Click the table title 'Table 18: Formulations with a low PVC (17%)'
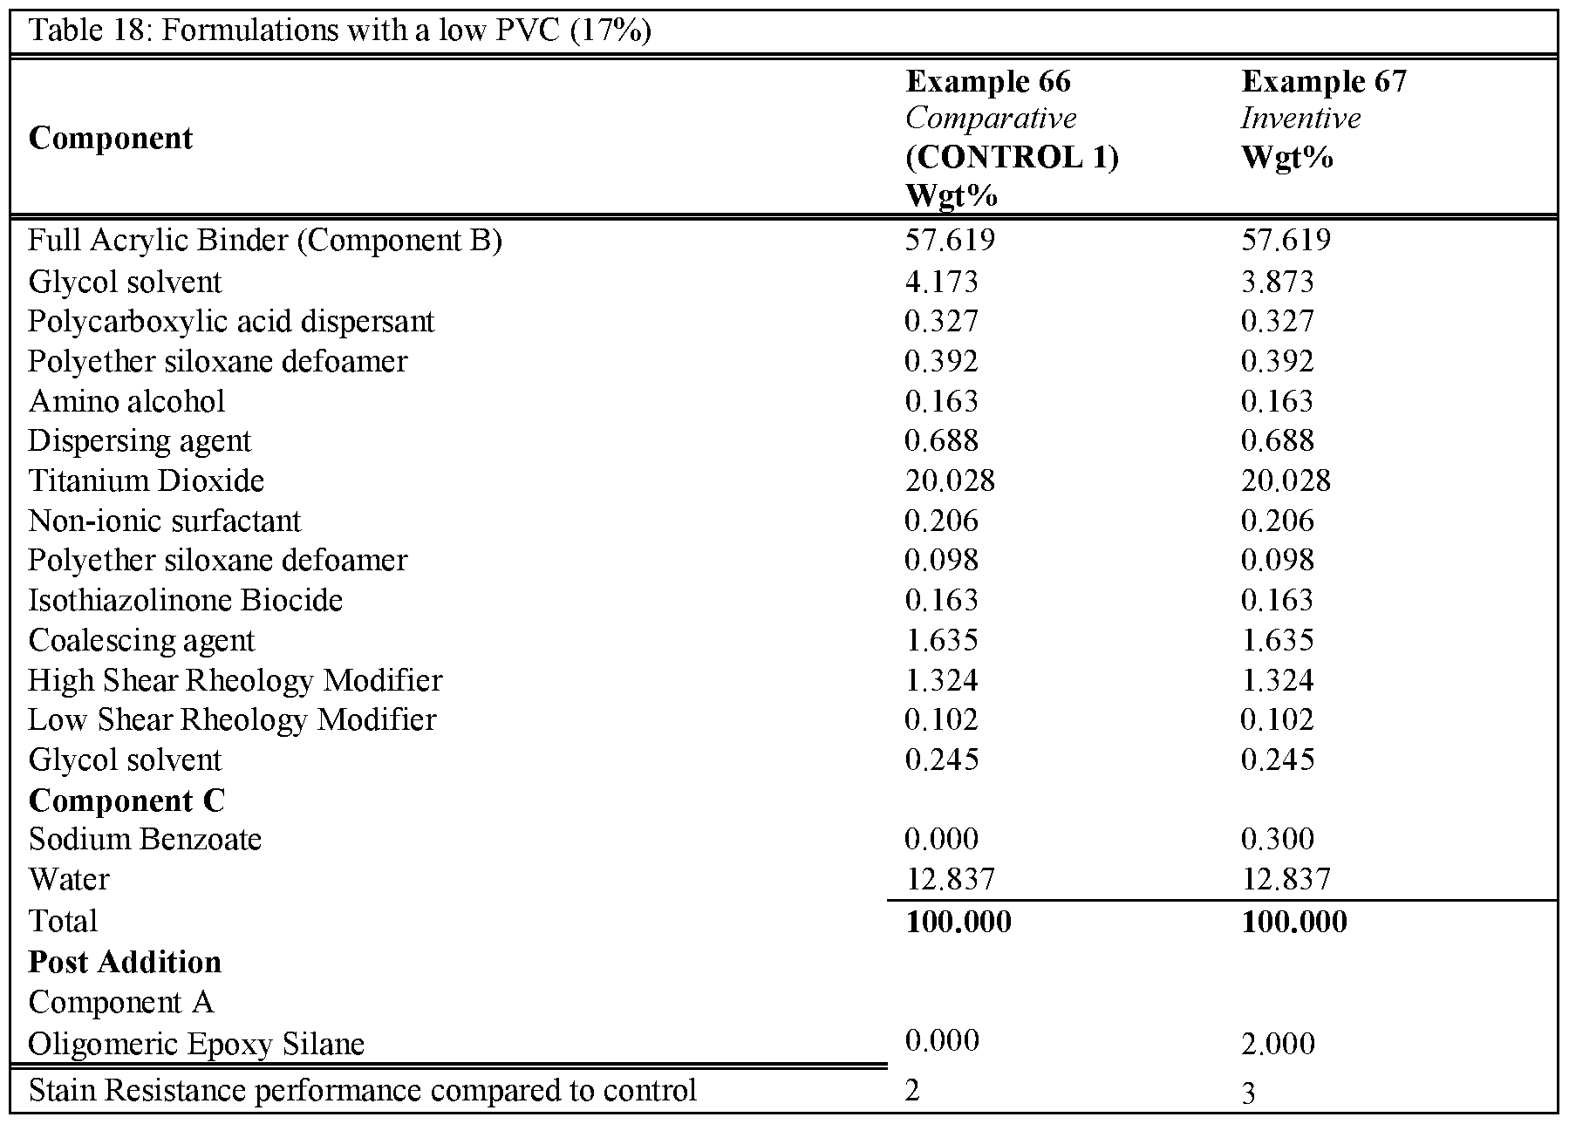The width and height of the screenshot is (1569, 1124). coord(340,31)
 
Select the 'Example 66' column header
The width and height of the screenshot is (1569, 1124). coord(988,81)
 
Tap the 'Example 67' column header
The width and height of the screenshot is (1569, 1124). coord(1324,81)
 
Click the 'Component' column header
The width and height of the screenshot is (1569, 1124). coord(111,139)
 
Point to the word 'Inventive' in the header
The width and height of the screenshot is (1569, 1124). coord(1300,119)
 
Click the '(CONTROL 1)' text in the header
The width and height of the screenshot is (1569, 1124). coord(1012,157)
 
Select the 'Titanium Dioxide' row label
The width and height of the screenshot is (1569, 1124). coord(147,480)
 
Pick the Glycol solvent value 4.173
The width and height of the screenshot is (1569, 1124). coord(942,282)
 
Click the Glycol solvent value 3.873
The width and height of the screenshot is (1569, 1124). coord(1278,282)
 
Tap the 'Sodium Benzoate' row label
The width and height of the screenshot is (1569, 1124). coord(145,839)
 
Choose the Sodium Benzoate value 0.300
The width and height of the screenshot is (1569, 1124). coord(1278,839)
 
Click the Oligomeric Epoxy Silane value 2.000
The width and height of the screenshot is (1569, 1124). coord(1278,1044)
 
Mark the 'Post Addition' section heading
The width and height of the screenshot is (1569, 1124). coord(125,962)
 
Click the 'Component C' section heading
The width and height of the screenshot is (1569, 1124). coord(126,800)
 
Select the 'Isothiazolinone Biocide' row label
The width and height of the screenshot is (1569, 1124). coord(186,600)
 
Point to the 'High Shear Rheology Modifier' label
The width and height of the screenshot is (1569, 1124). coord(235,680)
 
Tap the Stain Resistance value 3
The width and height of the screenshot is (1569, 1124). coord(1248,1093)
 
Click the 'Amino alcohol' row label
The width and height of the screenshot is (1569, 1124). coord(126,401)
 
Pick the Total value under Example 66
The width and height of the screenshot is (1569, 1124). coord(958,922)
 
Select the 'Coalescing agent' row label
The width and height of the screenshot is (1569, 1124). coord(141,640)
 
